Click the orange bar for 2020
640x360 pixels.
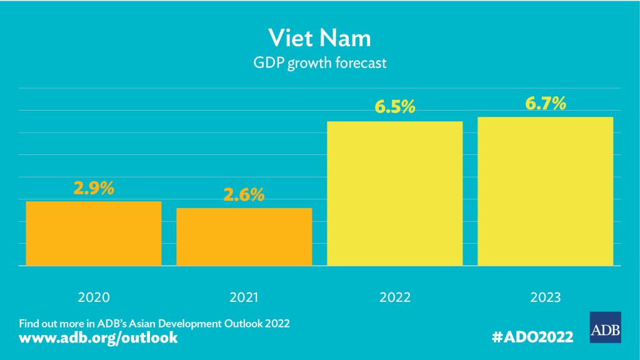point(93,233)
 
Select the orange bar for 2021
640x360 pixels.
point(244,236)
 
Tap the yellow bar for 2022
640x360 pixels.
point(395,193)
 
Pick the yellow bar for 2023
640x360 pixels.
point(546,191)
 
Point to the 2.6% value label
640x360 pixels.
point(244,195)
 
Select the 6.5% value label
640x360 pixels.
point(395,107)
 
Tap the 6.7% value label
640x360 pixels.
point(546,103)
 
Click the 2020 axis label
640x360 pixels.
point(94,297)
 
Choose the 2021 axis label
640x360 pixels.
point(244,297)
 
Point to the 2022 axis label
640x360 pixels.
point(395,297)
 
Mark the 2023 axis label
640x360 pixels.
point(546,297)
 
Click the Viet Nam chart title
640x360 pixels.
point(320,37)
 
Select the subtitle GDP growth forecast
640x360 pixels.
point(320,63)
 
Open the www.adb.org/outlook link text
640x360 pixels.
point(99,338)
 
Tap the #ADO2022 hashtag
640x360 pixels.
point(532,337)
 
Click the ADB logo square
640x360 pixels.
point(605,327)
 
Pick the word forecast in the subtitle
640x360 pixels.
point(363,63)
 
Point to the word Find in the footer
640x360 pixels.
point(29,324)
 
